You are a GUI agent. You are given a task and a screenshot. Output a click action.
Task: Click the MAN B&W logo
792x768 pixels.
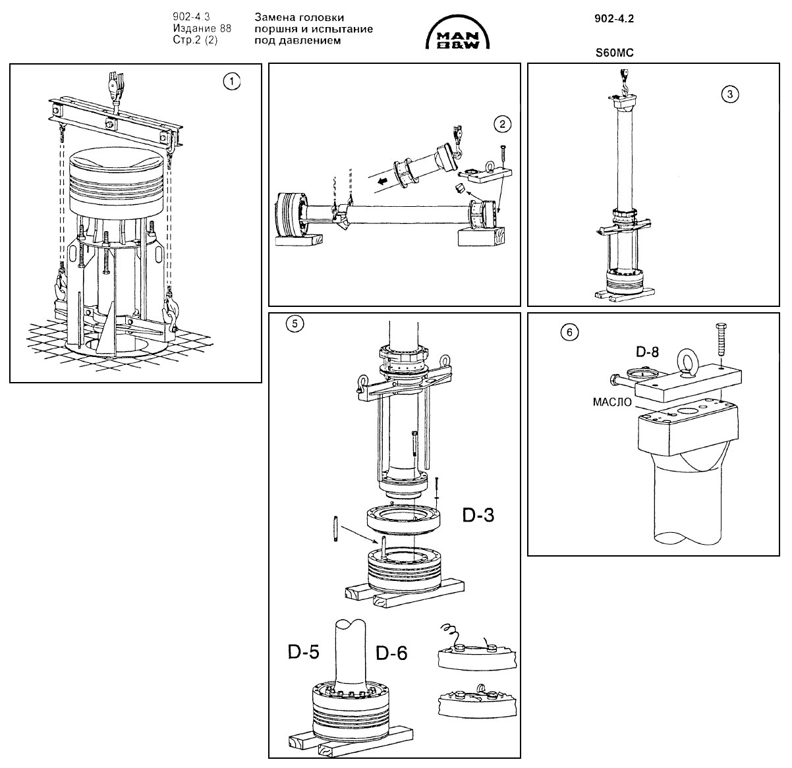point(457,32)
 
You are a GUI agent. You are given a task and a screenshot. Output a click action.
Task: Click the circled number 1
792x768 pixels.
point(232,82)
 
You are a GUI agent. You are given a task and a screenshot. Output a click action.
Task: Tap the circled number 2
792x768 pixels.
point(502,124)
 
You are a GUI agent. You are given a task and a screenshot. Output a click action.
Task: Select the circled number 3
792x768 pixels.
point(729,94)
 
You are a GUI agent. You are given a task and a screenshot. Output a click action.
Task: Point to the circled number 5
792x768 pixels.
point(295,324)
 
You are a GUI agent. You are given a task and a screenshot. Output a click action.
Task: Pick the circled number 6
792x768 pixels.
point(569,333)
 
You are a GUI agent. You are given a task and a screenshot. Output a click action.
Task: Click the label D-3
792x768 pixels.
point(478,515)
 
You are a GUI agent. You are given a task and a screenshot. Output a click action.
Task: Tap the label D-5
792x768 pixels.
point(303,652)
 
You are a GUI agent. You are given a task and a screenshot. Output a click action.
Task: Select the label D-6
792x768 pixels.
point(391,653)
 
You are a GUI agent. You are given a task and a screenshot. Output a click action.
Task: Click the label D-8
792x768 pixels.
point(647,352)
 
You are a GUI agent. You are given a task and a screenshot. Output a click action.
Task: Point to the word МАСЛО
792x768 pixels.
point(612,402)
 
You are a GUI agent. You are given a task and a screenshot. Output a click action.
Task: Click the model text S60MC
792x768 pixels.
point(615,53)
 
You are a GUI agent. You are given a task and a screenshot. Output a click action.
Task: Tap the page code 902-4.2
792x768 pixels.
point(614,18)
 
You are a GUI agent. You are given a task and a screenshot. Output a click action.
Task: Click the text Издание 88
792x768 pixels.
point(202,28)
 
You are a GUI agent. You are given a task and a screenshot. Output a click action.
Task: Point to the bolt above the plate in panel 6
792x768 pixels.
point(720,340)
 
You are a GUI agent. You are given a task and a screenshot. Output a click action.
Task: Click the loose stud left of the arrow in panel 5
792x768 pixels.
point(335,528)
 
